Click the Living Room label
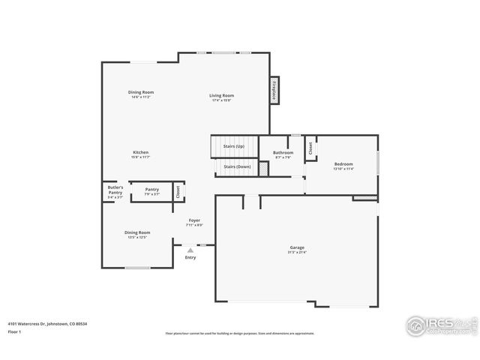coord(221,95)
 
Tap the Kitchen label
coord(141,152)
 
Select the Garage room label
coord(297,247)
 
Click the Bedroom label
coord(343,164)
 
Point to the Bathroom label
coord(283,153)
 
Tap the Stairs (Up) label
coord(234,146)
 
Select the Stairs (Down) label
coord(238,166)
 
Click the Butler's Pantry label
coord(115,190)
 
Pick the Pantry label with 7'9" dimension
coord(151,190)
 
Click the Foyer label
coord(194,220)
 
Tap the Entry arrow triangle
coord(190,250)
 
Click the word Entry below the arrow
coord(190,258)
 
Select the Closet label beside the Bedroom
coord(310,148)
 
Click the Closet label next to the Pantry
coord(178,191)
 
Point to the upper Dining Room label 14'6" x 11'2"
coord(140,92)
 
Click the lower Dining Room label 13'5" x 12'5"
coord(137,232)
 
